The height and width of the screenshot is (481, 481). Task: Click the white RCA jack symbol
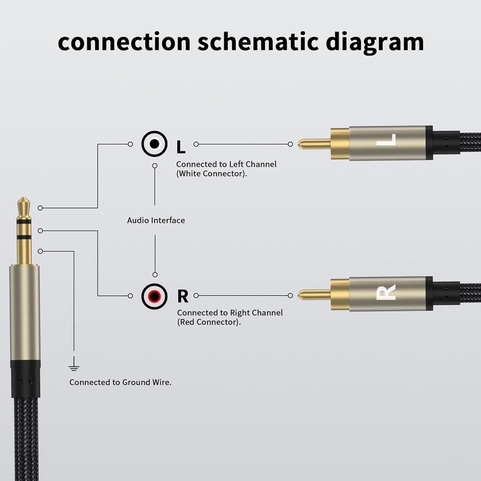click(154, 144)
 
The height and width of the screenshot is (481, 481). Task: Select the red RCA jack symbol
click(154, 296)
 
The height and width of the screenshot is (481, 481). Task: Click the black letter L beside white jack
click(181, 147)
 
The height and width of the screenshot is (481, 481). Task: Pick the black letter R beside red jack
click(183, 297)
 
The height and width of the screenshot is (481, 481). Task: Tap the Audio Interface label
click(156, 220)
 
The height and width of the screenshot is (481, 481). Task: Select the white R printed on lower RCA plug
click(386, 292)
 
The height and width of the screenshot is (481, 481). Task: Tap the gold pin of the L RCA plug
click(313, 144)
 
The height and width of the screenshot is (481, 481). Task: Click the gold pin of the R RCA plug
click(313, 295)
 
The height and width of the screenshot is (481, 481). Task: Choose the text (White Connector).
click(212, 174)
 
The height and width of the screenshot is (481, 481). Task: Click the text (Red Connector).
click(209, 322)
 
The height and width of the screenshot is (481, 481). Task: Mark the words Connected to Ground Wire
click(120, 382)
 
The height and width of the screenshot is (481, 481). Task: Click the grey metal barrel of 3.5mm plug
click(25, 311)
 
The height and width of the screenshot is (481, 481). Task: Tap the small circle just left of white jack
click(130, 144)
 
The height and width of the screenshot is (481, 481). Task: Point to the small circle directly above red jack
click(155, 274)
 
